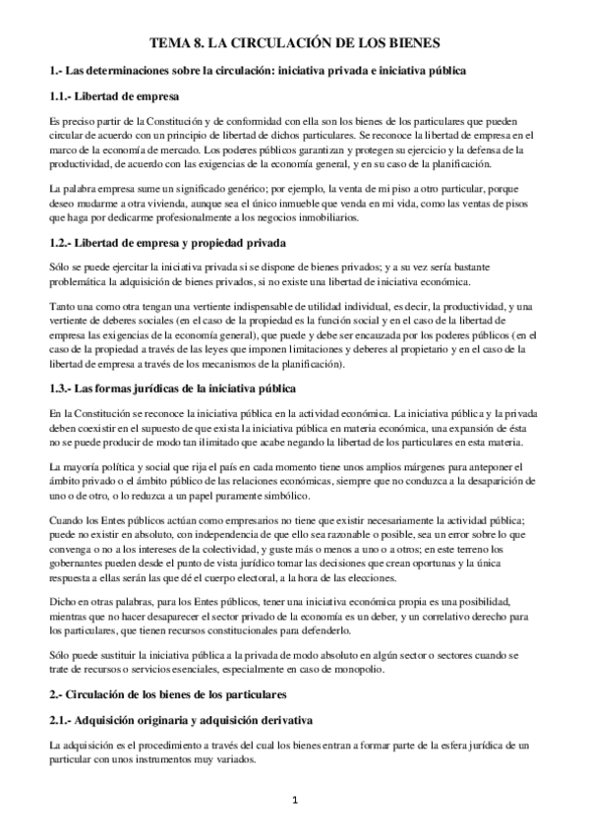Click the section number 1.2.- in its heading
click(x=65, y=243)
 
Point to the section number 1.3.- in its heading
click(x=65, y=387)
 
